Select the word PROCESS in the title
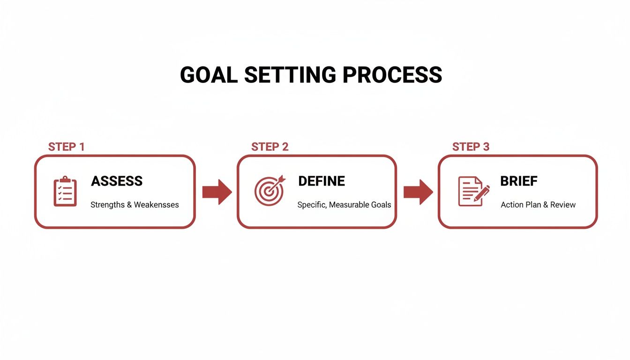(392, 75)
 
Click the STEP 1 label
(67, 147)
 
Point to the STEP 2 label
(270, 147)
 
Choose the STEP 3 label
(471, 147)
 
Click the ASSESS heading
(117, 181)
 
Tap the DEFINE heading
(322, 181)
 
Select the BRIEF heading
(519, 181)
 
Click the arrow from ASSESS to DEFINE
(217, 192)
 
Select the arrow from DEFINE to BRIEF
(418, 192)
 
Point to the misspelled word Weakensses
(156, 205)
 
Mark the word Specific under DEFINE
(312, 205)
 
